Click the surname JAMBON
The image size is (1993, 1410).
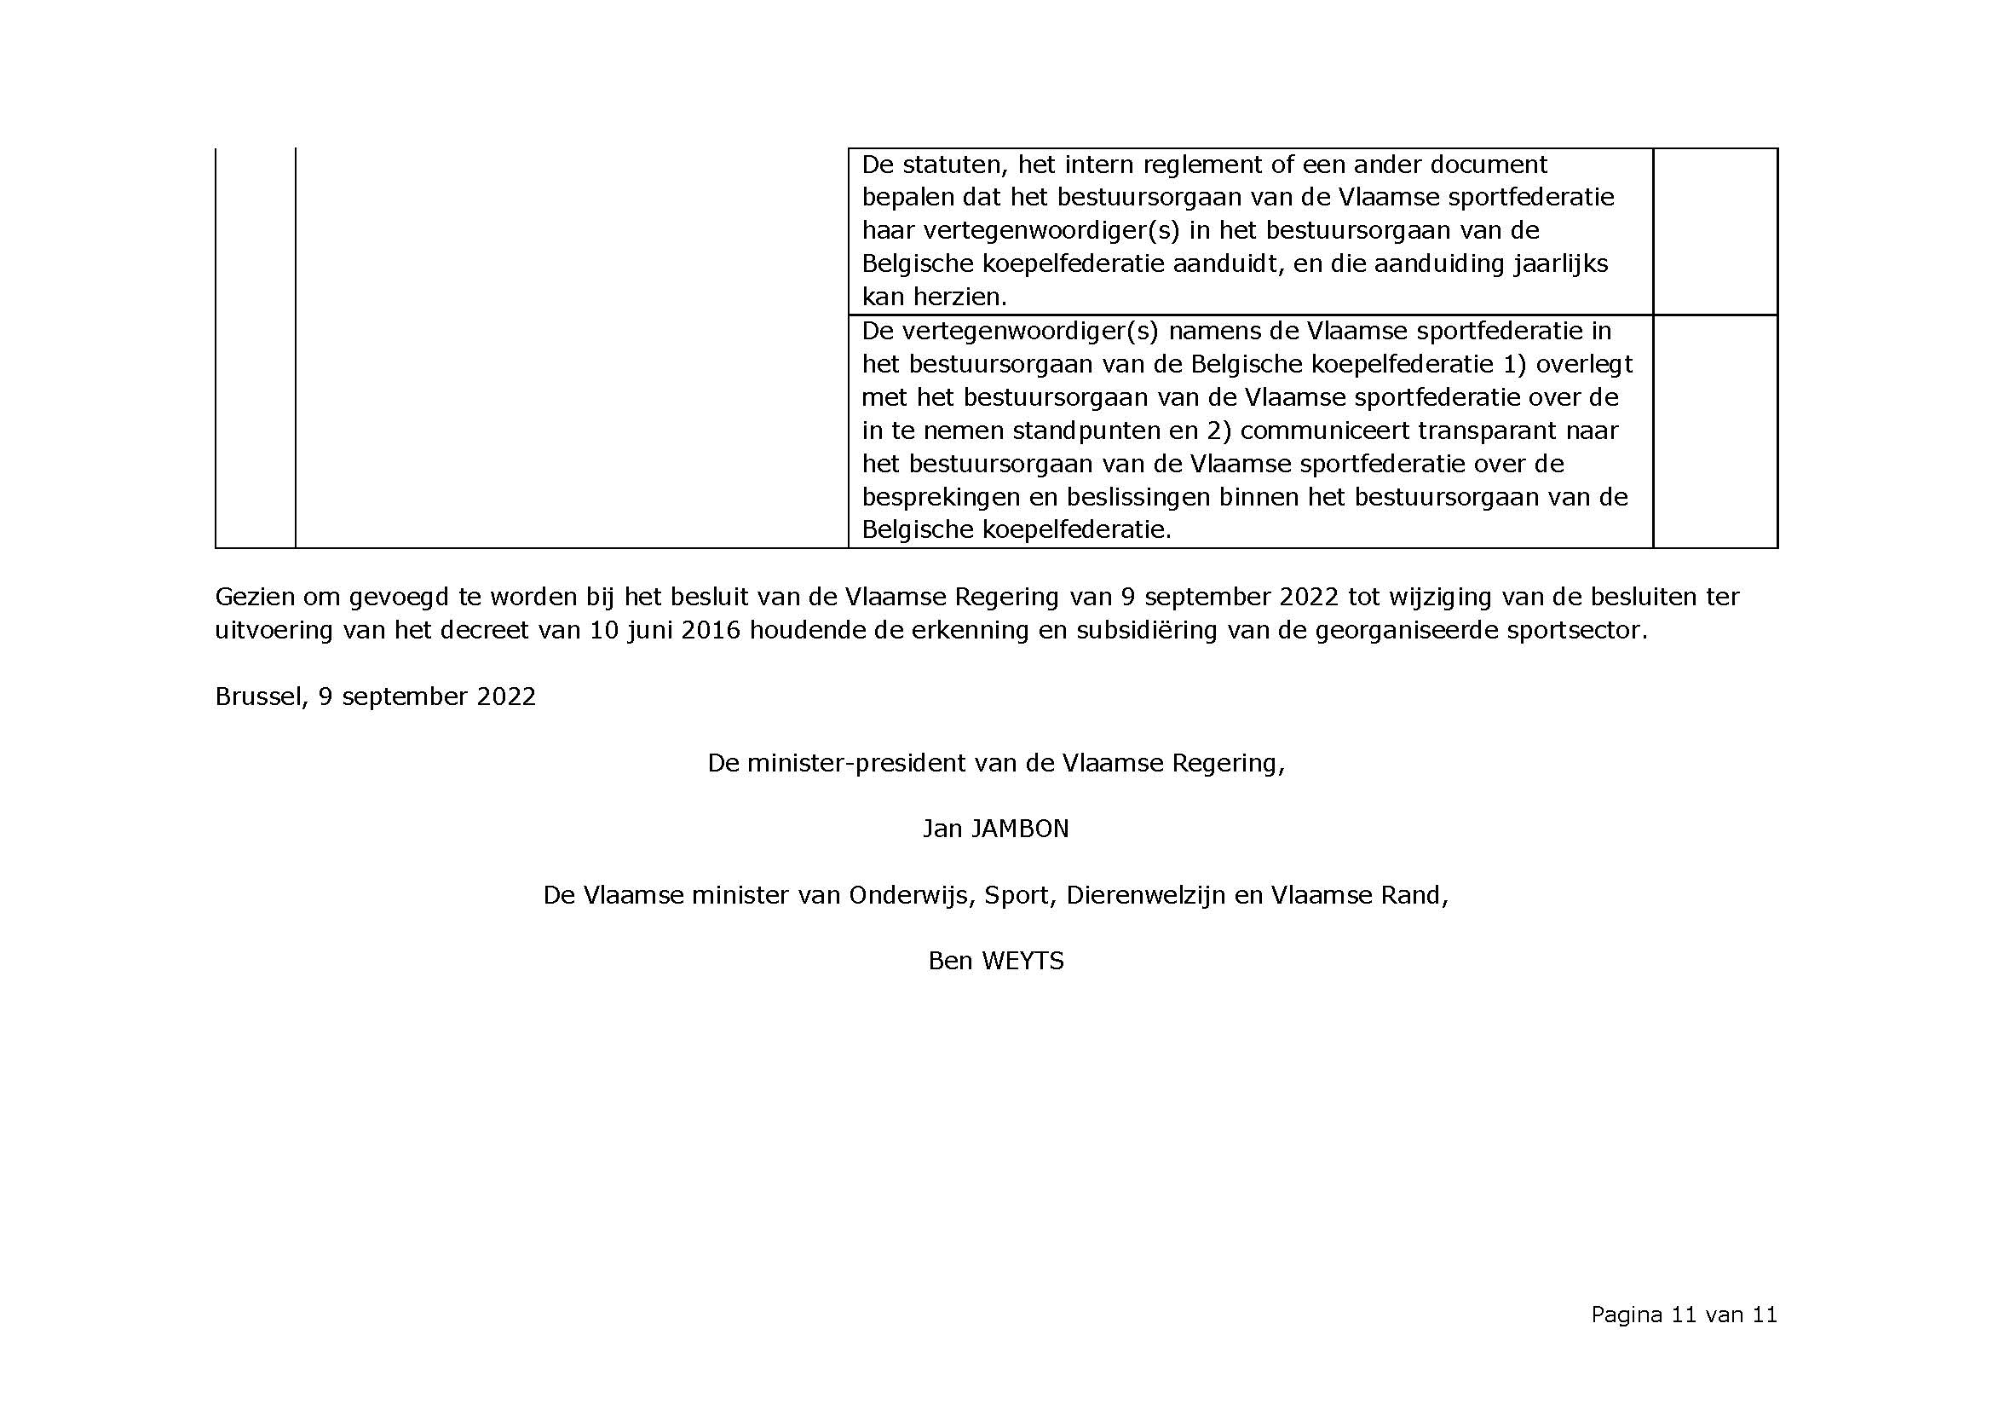(x=1019, y=829)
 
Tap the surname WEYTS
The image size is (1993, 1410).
(x=1022, y=960)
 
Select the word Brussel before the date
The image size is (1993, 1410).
(x=257, y=696)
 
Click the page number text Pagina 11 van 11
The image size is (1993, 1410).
(x=1684, y=1315)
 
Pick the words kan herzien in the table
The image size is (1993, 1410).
(x=934, y=297)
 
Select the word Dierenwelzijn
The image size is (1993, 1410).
(x=1146, y=895)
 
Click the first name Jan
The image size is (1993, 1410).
(x=942, y=829)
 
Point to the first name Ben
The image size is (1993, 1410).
(x=949, y=960)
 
